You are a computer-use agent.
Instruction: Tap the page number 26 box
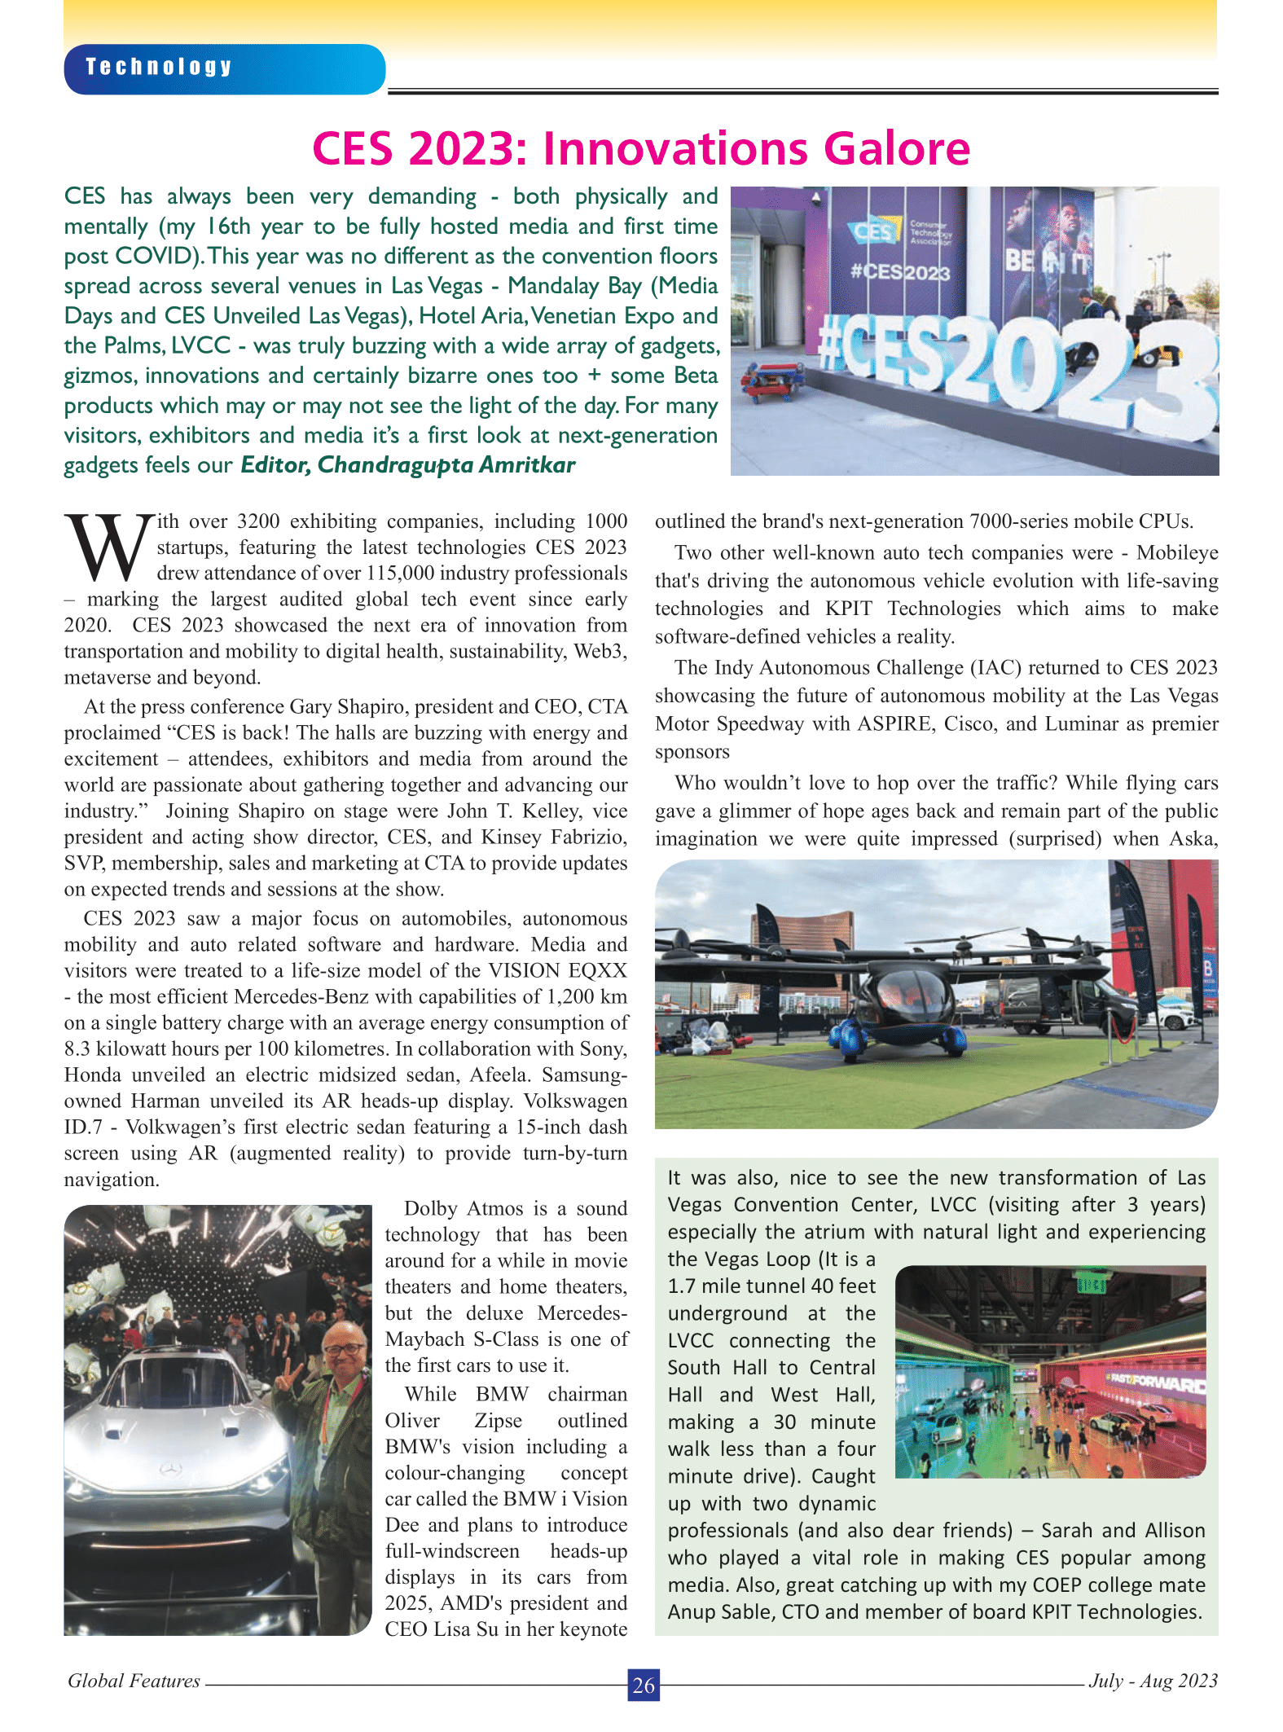(643, 1685)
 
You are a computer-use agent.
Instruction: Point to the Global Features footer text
(134, 1681)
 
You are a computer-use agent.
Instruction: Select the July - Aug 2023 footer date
(1153, 1681)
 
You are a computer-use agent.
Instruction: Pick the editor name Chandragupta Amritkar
(446, 465)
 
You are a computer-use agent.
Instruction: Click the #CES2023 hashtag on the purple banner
(899, 272)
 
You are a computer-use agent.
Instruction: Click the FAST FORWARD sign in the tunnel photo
(1154, 1382)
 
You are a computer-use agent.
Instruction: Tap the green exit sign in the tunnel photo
(1091, 1286)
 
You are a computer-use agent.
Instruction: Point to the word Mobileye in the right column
(1177, 553)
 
